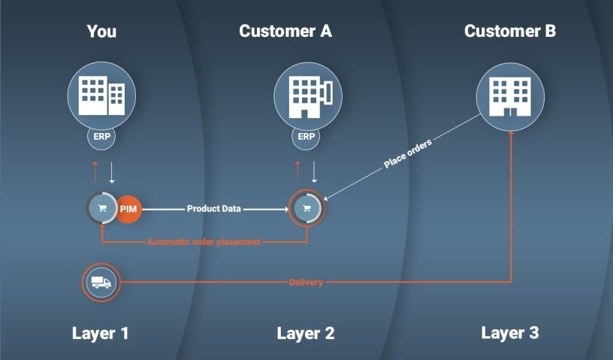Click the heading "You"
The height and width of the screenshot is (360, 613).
pyautogui.click(x=101, y=32)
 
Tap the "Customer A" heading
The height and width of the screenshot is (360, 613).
pyautogui.click(x=285, y=32)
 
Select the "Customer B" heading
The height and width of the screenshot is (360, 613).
pyautogui.click(x=510, y=32)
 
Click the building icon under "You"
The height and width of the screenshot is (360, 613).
pyautogui.click(x=101, y=94)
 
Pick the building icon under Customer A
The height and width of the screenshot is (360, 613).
pyautogui.click(x=306, y=94)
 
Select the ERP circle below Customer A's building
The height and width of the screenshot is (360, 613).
pyautogui.click(x=306, y=138)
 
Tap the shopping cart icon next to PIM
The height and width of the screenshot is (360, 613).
pyautogui.click(x=101, y=209)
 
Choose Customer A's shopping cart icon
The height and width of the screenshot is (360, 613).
pyautogui.click(x=306, y=209)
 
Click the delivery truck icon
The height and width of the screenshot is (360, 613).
pyautogui.click(x=101, y=283)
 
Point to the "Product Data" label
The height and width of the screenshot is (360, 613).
pyautogui.click(x=213, y=209)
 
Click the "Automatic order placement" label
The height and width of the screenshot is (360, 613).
pyautogui.click(x=204, y=242)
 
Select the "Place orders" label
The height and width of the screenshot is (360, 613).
pyautogui.click(x=408, y=153)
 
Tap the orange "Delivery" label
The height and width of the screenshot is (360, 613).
pyautogui.click(x=306, y=283)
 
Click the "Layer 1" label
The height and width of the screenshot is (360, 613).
pyautogui.click(x=101, y=333)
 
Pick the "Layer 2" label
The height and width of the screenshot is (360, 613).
pyautogui.click(x=306, y=333)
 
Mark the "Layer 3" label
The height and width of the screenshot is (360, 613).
pyautogui.click(x=510, y=333)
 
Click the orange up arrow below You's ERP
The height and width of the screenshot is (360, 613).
pyautogui.click(x=95, y=171)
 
